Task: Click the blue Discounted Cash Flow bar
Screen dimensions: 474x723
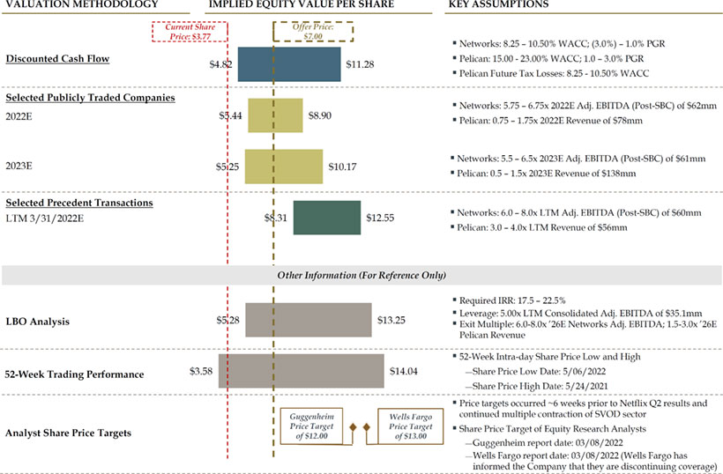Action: (288, 64)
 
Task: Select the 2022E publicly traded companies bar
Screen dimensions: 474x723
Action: (275, 115)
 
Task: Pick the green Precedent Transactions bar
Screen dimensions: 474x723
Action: (326, 218)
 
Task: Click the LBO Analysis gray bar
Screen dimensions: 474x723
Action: (308, 320)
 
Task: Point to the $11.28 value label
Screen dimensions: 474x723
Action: (361, 64)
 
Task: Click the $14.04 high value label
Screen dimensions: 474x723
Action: (403, 372)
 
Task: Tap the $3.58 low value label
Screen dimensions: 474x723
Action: (202, 372)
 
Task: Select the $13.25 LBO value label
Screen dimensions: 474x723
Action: (391, 320)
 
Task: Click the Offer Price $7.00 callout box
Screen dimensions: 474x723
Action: (311, 33)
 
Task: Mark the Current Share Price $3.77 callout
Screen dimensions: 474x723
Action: (190, 33)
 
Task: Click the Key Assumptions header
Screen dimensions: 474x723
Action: (498, 5)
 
